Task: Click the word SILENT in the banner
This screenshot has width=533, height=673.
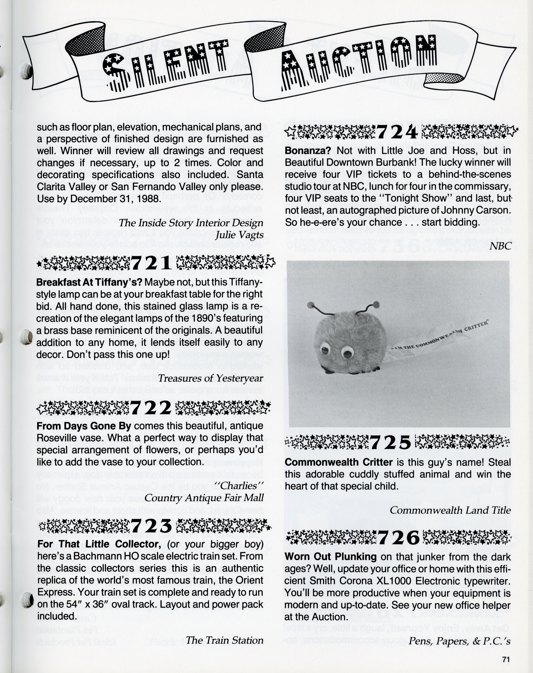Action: [x=165, y=65]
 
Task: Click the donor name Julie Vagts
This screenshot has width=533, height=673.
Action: [x=239, y=235]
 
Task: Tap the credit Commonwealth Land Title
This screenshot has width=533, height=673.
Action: [x=450, y=510]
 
